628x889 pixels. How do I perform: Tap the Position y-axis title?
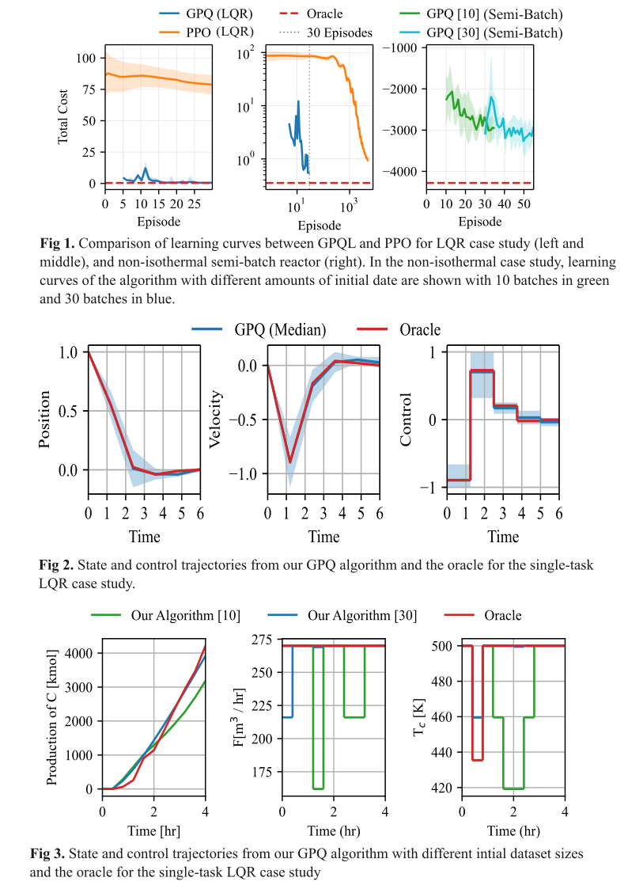tap(45, 419)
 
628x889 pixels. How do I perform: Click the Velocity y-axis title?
tap(214, 419)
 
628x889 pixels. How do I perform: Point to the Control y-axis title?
tap(406, 419)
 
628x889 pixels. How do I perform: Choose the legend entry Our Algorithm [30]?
tap(362, 615)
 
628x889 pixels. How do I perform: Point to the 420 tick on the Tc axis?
tap(443, 788)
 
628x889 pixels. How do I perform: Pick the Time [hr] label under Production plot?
tap(153, 831)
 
